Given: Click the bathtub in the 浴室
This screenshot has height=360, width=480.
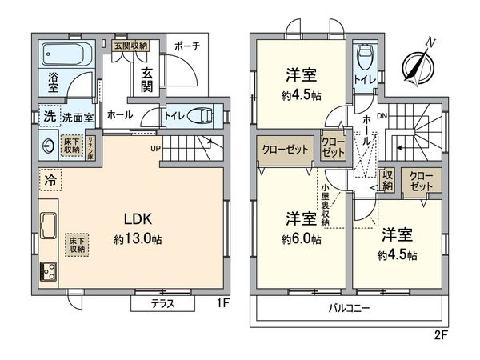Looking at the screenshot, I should click(x=67, y=56).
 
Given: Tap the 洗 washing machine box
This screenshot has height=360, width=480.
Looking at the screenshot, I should click(x=47, y=117).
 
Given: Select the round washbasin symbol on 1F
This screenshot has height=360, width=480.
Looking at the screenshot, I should click(x=48, y=146).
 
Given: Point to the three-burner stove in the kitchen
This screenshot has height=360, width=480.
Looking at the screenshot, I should click(x=46, y=271).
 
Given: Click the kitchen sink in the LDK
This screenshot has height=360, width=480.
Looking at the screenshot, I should click(x=46, y=227).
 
